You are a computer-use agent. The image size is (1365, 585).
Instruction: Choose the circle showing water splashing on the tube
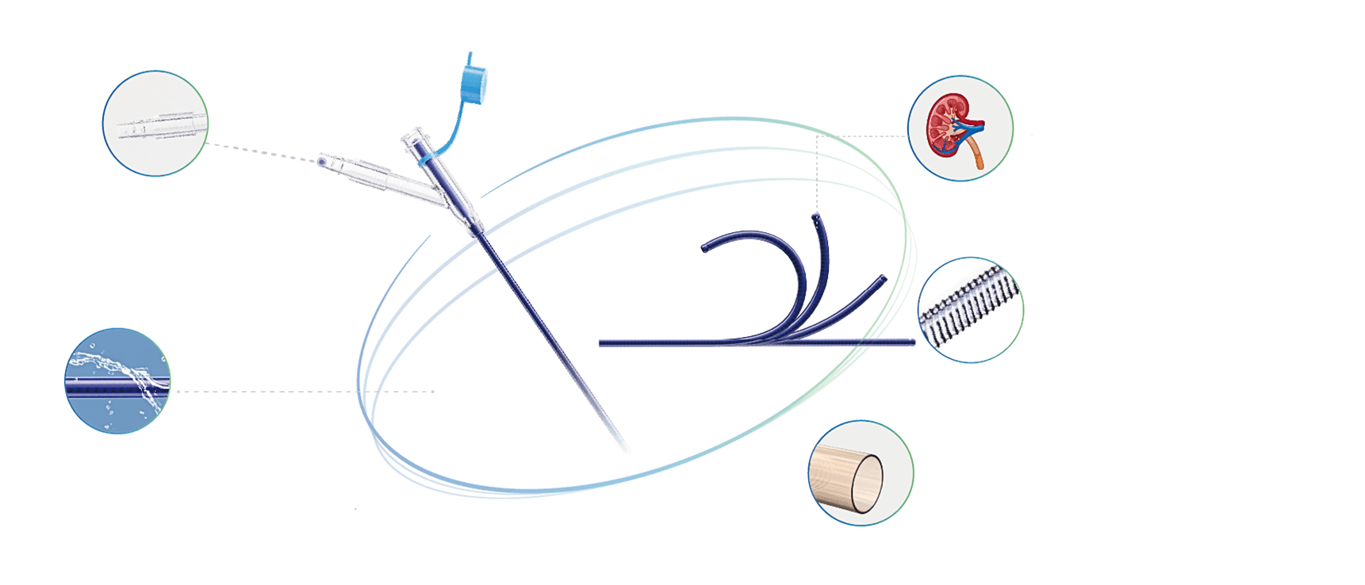click(117, 380)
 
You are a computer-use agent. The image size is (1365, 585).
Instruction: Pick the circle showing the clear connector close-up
click(155, 123)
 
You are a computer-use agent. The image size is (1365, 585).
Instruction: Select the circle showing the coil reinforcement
click(972, 310)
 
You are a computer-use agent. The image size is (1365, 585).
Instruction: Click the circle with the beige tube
click(861, 473)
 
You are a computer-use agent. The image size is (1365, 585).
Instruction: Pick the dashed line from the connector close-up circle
click(262, 152)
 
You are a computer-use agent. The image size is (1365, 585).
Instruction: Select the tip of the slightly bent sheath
click(884, 279)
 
